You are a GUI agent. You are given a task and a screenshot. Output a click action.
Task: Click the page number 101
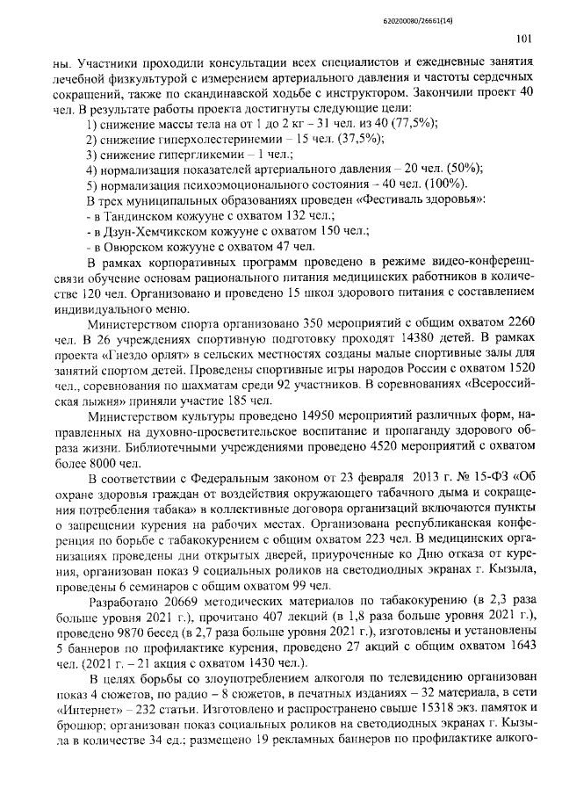pos(523,38)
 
